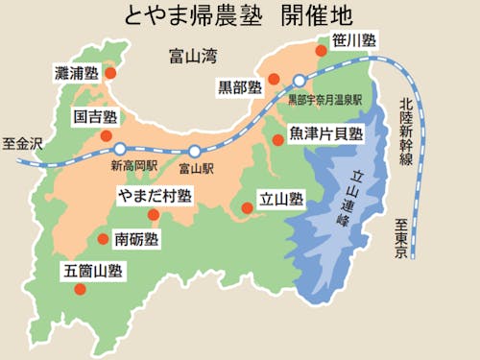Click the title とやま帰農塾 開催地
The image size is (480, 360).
(240, 16)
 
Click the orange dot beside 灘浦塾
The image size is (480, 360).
(110, 72)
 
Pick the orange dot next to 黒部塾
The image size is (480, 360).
(274, 79)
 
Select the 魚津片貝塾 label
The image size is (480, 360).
(327, 133)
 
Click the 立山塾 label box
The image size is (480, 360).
(281, 200)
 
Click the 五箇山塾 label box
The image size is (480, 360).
(92, 272)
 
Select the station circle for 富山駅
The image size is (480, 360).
(195, 151)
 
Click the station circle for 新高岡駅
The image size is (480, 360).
(119, 149)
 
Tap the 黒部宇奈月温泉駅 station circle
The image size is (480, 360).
(300, 81)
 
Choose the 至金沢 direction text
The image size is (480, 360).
(23, 143)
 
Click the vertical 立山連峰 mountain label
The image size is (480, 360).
(355, 197)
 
